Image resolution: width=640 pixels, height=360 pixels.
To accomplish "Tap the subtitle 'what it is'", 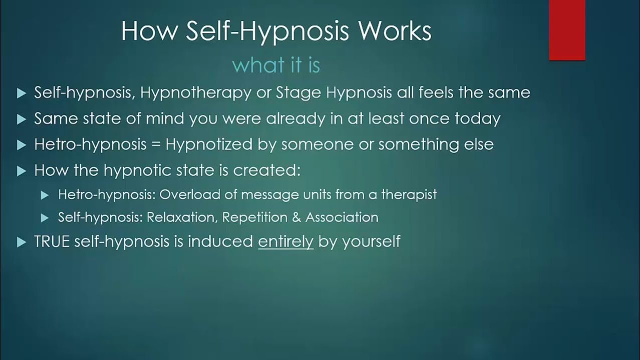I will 276,65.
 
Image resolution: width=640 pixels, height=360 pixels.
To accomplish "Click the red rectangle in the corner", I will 567,30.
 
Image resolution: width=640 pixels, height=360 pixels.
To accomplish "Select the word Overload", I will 183,194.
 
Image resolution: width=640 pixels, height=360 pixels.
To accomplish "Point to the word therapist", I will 409,194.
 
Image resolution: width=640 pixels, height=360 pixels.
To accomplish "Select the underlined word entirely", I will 285,242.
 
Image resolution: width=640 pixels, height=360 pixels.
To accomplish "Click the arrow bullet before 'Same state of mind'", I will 21,119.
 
